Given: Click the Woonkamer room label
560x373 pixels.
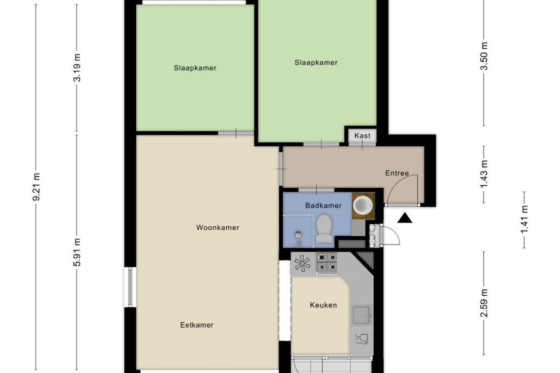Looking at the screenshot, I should click(218, 228).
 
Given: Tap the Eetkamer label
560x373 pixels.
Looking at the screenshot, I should click(196, 325).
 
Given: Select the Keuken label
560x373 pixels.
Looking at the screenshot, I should click(323, 305).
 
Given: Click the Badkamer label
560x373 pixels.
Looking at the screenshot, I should click(323, 206).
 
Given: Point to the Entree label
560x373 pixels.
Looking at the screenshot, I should click(397, 173).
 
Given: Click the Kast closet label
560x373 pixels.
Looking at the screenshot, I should click(362, 136).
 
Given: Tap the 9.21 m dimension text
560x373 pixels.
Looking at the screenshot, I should click(37, 186).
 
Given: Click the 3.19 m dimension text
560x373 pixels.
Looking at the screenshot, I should click(77, 67).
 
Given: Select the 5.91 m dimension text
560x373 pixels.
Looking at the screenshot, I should click(77, 252).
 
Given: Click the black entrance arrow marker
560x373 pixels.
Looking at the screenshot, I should click(404, 218).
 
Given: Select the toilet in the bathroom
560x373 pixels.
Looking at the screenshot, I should click(324, 228).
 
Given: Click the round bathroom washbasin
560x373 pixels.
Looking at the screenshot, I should click(363, 205).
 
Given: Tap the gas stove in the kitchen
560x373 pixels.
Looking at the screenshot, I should click(327, 263).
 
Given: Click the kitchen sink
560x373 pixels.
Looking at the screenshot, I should click(361, 315).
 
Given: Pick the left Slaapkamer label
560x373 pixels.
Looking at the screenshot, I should click(195, 68).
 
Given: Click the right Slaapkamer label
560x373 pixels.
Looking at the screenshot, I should click(316, 63).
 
